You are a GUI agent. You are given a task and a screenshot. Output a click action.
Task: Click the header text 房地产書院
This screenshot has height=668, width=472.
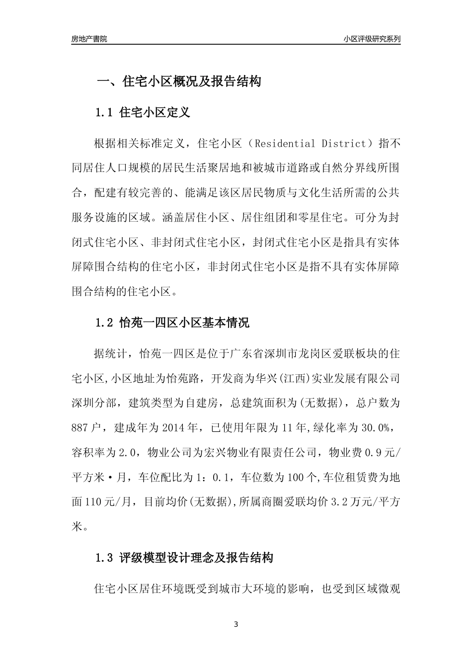coord(89,39)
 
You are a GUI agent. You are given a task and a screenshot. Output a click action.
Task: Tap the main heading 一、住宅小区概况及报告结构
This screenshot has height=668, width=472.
coord(178,82)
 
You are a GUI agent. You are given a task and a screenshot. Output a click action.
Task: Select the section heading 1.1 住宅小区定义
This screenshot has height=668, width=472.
coord(143,112)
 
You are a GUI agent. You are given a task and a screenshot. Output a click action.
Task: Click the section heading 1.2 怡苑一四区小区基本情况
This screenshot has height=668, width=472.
coord(172,323)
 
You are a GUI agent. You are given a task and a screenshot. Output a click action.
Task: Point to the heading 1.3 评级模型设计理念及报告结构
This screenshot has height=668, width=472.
coord(184,558)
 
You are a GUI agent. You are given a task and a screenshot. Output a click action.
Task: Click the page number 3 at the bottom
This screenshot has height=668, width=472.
coord(236,624)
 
